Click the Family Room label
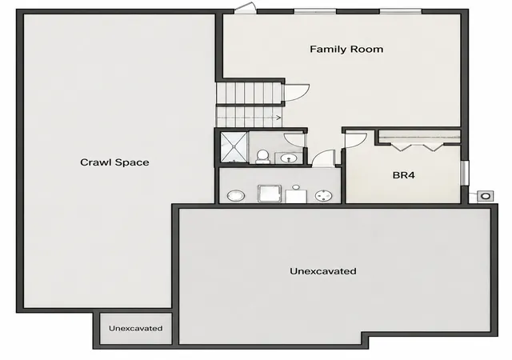click(x=346, y=50)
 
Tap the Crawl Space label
click(x=114, y=162)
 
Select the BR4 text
click(x=403, y=175)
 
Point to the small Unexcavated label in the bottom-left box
click(x=135, y=328)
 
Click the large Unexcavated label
click(x=323, y=271)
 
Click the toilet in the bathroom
click(x=262, y=157)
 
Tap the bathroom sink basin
click(x=288, y=158)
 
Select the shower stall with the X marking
click(x=234, y=147)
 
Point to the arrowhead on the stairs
click(x=278, y=118)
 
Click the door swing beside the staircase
click(x=297, y=93)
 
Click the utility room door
click(x=324, y=158)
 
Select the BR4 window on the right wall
click(x=465, y=173)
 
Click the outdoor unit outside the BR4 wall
click(x=486, y=196)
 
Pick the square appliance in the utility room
click(x=270, y=194)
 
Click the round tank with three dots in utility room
click(x=323, y=196)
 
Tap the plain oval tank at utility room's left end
click(x=236, y=196)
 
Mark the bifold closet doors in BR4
click(x=417, y=146)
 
